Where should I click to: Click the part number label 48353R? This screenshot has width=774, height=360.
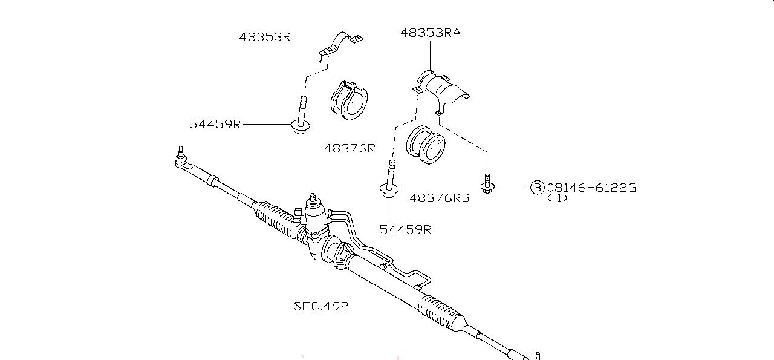coord(265,37)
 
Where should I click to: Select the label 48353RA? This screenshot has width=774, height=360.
coord(430,33)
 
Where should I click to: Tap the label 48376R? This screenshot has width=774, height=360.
coord(349,148)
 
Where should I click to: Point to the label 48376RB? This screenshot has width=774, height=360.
coord(440,197)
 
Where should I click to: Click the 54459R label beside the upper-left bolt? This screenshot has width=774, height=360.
coord(215,124)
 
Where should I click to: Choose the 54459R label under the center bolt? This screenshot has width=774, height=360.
coord(406,229)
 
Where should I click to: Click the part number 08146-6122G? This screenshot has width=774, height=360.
coord(591,188)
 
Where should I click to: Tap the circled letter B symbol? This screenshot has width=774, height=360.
coord(537,188)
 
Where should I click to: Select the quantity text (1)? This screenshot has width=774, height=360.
coord(557,198)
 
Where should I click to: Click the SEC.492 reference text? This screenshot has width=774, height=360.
coord(321,306)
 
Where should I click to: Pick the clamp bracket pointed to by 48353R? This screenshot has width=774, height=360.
coord(341,45)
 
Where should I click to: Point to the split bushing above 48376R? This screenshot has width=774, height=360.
coord(351,98)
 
